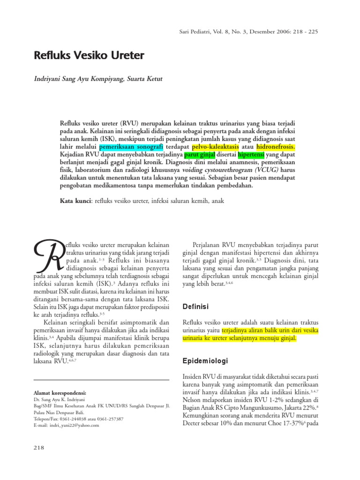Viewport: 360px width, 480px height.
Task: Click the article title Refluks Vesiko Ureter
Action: [89, 56]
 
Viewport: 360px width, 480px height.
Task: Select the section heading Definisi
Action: [195, 307]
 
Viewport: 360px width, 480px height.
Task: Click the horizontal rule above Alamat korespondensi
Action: [102, 380]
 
